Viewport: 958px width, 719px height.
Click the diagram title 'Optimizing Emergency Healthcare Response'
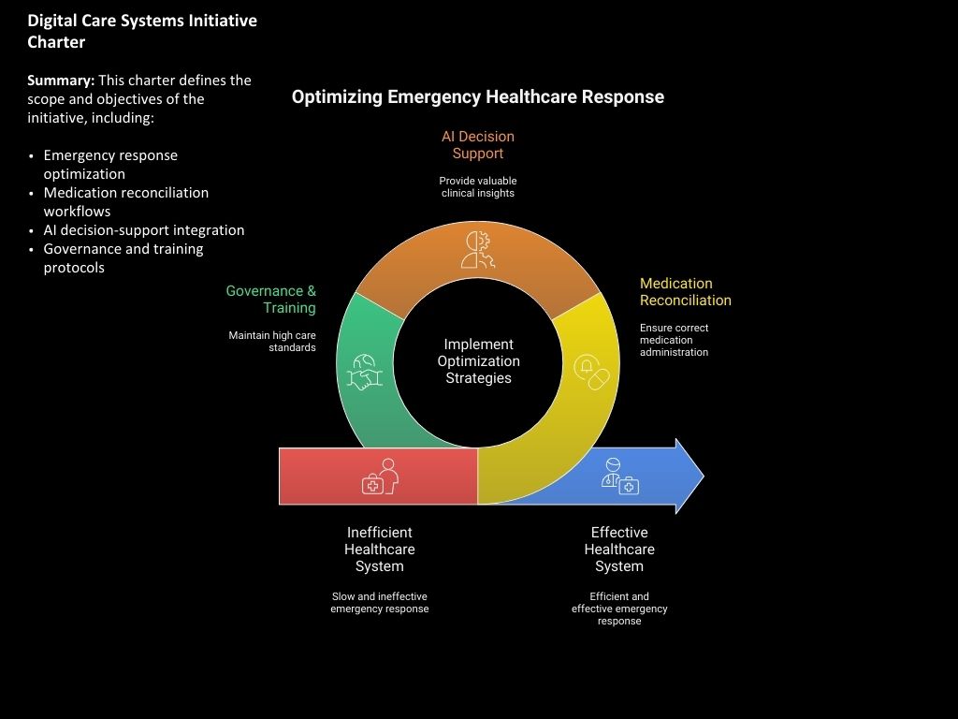(x=477, y=97)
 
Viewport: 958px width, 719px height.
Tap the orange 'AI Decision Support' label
(x=477, y=145)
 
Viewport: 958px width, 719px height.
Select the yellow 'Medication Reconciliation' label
(x=685, y=292)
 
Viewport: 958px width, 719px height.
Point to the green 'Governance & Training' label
(x=271, y=300)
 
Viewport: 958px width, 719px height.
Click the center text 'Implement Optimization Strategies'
(x=478, y=361)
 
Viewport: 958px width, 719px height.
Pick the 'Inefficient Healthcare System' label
(x=379, y=550)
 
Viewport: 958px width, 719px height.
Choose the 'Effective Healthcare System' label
(x=619, y=550)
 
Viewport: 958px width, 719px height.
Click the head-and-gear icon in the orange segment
(x=478, y=251)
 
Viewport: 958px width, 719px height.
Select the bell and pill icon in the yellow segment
(x=591, y=372)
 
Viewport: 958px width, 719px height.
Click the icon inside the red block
(x=380, y=477)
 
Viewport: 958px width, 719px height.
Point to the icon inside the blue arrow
(x=620, y=477)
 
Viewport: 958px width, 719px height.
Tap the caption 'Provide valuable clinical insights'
(x=477, y=186)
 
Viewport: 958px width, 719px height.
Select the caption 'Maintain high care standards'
(x=272, y=341)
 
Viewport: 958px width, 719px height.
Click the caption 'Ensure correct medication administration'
(x=674, y=340)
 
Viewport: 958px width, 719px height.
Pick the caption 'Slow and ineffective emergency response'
(x=379, y=602)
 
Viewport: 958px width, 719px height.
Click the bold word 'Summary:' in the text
(x=61, y=81)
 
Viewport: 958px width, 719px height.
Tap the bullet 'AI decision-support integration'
(x=143, y=230)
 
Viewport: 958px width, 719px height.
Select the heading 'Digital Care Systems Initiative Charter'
(x=142, y=31)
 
